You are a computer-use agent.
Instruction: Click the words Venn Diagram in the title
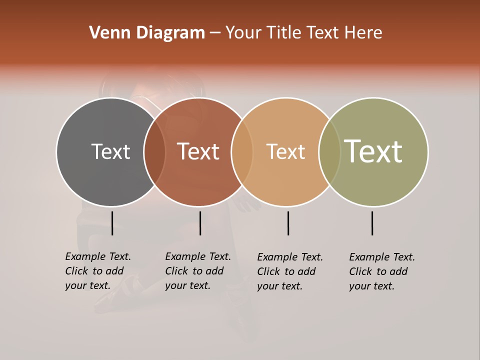[147, 33]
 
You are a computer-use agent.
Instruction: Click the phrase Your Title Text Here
[303, 33]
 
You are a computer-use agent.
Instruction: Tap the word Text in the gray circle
[110, 151]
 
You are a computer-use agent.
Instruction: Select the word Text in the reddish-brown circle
[198, 151]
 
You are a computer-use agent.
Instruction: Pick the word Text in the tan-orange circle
[285, 151]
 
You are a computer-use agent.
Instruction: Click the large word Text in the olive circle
[373, 151]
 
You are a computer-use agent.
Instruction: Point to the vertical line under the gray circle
[112, 223]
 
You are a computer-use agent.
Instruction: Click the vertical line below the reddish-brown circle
[200, 223]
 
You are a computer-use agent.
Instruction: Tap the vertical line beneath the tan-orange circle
[288, 223]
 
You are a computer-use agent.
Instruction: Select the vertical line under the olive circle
[372, 223]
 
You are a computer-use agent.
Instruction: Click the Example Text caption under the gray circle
[98, 271]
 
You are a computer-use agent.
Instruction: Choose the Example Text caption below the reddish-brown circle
[198, 271]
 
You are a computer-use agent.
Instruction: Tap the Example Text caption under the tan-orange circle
[290, 271]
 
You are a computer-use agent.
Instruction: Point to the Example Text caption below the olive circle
[382, 271]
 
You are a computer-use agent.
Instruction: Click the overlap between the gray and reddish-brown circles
[154, 152]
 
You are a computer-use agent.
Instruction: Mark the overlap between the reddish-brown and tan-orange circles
[242, 152]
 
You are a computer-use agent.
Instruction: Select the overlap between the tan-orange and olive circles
[329, 152]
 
